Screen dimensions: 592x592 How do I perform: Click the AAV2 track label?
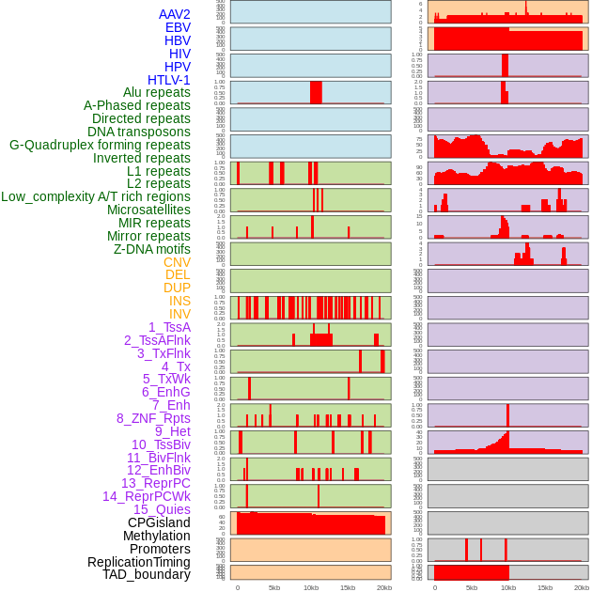coord(175,14)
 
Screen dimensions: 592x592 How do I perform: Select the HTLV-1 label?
coord(169,80)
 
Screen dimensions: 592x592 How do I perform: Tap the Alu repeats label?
coord(157,92)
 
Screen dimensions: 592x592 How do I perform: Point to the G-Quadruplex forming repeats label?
coord(100,145)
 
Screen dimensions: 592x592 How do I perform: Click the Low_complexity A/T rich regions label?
coord(96,196)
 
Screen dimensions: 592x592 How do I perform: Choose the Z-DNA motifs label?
coord(152,249)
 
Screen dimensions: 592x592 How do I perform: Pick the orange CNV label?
coord(177,262)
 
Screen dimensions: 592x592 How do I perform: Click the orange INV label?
coord(179,314)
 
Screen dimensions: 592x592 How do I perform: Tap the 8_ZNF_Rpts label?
coord(153,418)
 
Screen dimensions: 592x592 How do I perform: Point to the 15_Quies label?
coord(161,509)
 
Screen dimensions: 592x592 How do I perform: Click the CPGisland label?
coord(159,522)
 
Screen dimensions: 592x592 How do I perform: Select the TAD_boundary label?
coord(147,574)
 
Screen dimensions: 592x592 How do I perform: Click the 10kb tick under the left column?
coord(310,587)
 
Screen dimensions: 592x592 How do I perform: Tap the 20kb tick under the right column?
coord(582,587)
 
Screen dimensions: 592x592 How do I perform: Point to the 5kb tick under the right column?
coord(471,587)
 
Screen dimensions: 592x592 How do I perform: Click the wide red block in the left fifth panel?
coord(316,92)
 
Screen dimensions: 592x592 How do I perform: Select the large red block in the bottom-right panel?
coord(471,572)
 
